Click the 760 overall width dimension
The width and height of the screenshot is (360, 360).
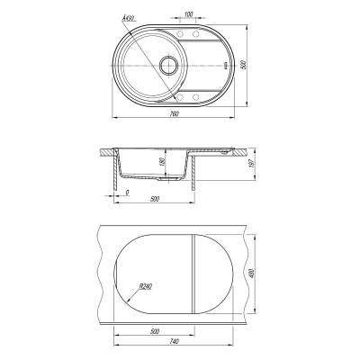point(174,113)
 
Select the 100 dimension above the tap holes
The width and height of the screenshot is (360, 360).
point(188,13)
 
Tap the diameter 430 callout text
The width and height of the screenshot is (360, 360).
point(127,19)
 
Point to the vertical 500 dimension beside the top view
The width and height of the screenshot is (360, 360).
point(244,65)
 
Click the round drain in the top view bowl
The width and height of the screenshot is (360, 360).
point(169,65)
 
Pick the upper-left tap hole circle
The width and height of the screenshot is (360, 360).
point(181,34)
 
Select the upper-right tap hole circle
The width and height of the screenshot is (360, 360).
point(196,34)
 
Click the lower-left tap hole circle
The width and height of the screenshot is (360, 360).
point(181,97)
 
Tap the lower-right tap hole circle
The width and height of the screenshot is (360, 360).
point(196,97)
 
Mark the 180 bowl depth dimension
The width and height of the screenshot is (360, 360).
point(161,163)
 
